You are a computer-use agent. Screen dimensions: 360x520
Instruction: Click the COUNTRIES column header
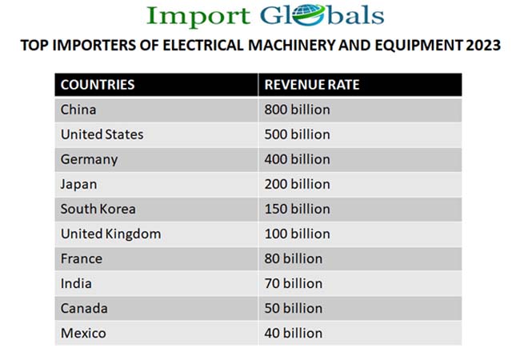coord(98,85)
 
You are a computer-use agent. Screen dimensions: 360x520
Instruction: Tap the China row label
coord(78,110)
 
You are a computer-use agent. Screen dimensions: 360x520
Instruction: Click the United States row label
coord(102,134)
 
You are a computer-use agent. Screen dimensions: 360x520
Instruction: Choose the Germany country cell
coord(89,159)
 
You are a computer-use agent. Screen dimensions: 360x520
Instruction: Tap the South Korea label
coord(98,209)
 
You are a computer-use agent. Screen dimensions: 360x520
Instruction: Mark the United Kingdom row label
coord(110,234)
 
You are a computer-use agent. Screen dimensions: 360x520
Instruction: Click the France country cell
coord(81,258)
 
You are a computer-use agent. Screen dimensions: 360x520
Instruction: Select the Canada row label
coord(84,308)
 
